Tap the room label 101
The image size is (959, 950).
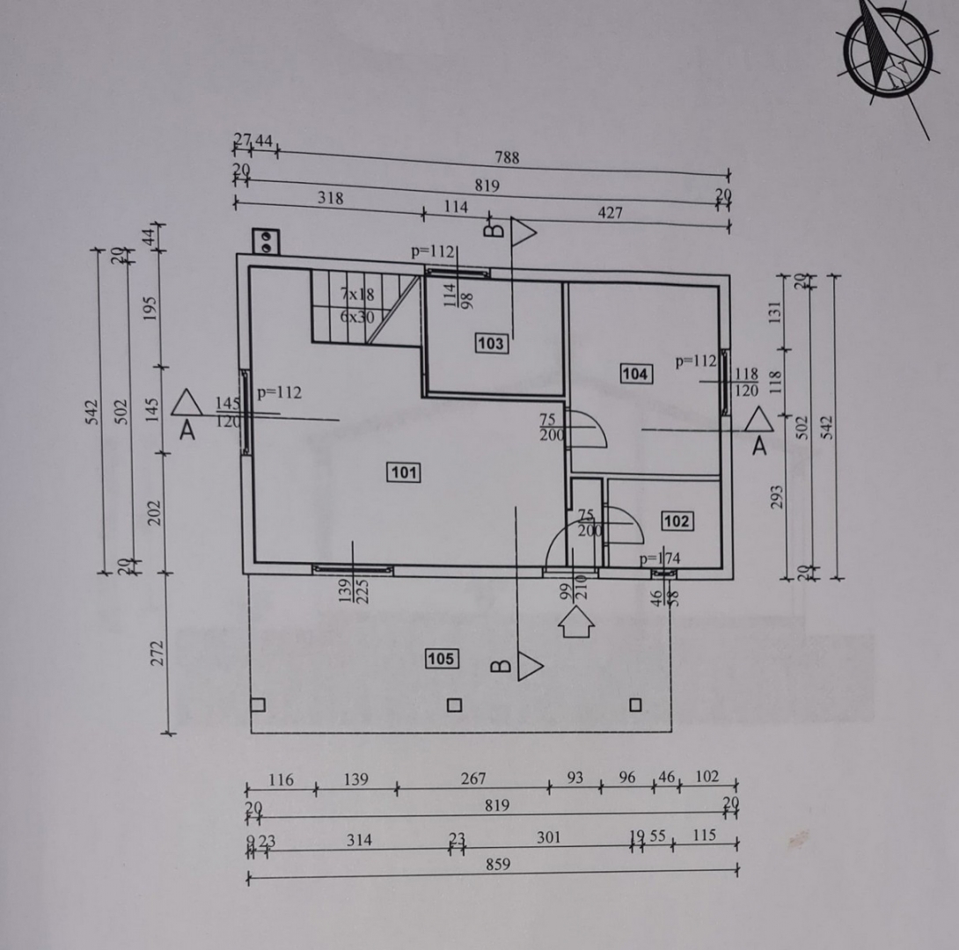(404, 473)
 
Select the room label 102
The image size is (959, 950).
(676, 522)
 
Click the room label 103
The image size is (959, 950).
(490, 344)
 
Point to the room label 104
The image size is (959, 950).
(635, 375)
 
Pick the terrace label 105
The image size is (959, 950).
(441, 658)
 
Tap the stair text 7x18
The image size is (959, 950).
(356, 294)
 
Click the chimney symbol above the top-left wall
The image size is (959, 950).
(265, 239)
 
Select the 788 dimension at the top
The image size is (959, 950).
(507, 158)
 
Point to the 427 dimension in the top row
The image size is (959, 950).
(610, 213)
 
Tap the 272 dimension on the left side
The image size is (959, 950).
(157, 653)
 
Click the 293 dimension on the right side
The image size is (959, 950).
(777, 497)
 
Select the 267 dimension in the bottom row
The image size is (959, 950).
(472, 779)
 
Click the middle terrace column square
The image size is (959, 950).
(454, 705)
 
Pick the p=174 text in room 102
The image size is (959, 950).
(659, 559)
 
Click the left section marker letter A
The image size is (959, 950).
(186, 432)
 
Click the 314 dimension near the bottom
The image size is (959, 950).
(358, 840)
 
